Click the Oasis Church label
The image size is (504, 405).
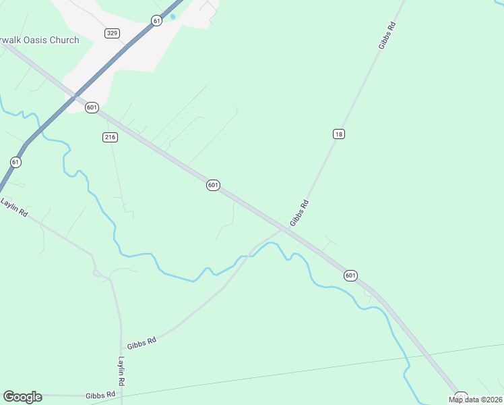click(x=40, y=40)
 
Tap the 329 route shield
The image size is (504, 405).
click(x=113, y=32)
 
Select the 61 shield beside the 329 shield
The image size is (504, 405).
click(x=157, y=21)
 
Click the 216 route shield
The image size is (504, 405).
click(x=111, y=137)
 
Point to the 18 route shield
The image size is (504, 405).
click(x=339, y=134)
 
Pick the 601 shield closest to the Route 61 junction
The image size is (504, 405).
click(x=92, y=107)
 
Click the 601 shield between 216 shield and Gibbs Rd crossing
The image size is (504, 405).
click(x=213, y=185)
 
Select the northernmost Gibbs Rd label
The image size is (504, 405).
click(x=386, y=34)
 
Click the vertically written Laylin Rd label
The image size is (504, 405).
click(x=122, y=371)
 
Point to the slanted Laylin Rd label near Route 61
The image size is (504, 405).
click(x=14, y=207)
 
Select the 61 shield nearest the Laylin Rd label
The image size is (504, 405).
click(x=15, y=162)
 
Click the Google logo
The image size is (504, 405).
click(x=22, y=397)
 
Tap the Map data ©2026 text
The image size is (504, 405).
click(x=475, y=400)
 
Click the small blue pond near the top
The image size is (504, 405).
click(x=173, y=17)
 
